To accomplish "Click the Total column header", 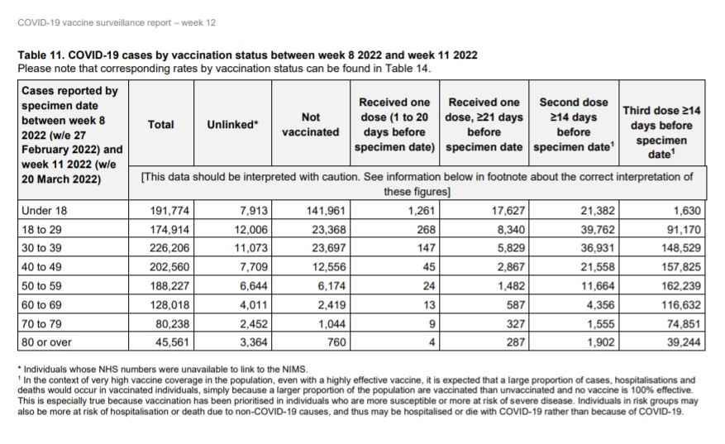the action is coord(160,124).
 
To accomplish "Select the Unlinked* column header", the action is coord(232,124).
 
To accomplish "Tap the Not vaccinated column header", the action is coord(311,124).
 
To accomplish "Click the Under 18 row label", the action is coord(45,211).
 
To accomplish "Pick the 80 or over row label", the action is coord(46,342).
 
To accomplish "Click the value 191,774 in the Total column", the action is coord(169,211).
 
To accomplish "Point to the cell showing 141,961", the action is coord(326,211).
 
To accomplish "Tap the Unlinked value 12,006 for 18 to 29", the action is coord(250,229).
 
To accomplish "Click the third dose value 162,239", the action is coord(680,286).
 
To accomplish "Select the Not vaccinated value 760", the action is coord(336,342).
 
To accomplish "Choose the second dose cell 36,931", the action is coord(598,248).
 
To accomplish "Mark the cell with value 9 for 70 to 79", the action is coord(432,324).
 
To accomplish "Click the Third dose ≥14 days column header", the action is coord(661,132).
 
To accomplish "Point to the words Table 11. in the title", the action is coord(41,55).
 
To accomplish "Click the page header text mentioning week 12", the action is coord(117,22).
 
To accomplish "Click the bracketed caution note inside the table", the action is coord(417,184).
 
